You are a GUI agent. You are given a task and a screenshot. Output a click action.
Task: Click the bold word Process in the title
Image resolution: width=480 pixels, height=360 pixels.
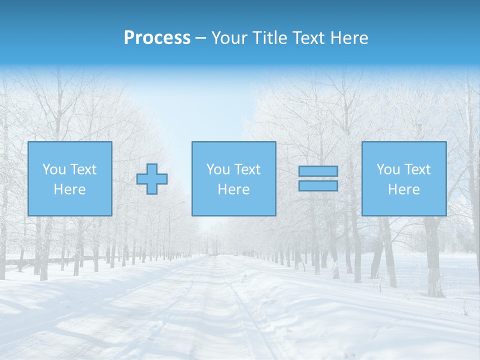(157, 38)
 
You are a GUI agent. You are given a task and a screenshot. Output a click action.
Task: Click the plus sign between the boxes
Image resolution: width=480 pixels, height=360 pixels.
(152, 179)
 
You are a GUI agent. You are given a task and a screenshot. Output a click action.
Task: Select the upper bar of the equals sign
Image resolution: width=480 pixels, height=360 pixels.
(318, 171)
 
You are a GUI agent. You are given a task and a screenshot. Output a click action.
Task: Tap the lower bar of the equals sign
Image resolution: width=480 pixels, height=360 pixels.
(318, 185)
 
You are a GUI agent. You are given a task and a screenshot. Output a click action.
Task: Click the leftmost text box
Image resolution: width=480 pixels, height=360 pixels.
(69, 178)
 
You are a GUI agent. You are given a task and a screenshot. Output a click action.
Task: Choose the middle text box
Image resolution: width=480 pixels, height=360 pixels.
(233, 178)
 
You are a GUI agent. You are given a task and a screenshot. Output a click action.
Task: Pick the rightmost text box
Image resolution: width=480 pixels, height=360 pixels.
(403, 178)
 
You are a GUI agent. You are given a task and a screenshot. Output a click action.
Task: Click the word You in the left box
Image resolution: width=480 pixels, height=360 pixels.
(54, 169)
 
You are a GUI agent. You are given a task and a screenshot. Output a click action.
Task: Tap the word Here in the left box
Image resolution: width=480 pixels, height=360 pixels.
(69, 189)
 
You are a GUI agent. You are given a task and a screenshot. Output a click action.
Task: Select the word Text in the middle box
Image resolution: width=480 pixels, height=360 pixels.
(247, 169)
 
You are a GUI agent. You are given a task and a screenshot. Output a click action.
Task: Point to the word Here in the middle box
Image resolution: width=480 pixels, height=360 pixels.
(233, 189)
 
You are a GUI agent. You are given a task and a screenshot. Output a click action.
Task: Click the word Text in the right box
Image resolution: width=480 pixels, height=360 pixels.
(417, 169)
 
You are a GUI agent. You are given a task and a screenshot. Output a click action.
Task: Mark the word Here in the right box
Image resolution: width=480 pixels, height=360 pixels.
(403, 189)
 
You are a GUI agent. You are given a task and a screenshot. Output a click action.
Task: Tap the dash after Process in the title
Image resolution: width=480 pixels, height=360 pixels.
(201, 38)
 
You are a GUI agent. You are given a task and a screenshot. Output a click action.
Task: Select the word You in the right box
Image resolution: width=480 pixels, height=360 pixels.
(388, 169)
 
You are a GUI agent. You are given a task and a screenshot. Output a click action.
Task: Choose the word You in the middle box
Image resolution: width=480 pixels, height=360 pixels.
(218, 169)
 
